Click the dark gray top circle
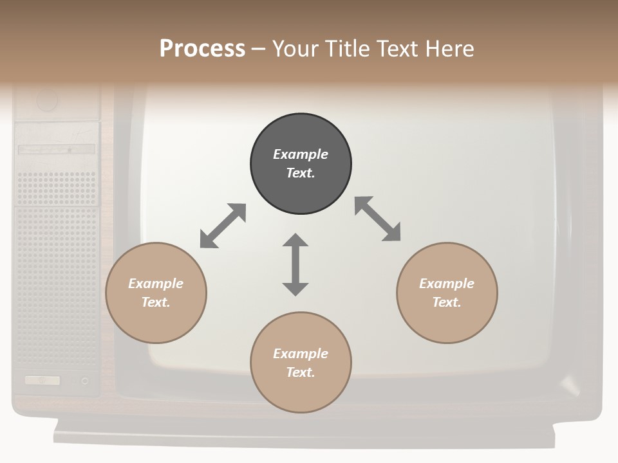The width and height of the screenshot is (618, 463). pos(301,164)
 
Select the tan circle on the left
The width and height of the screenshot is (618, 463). pos(156,293)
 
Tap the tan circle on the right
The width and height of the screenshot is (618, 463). pos(447,293)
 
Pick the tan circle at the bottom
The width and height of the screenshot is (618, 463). pos(301,363)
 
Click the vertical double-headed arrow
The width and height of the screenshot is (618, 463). pos(295,264)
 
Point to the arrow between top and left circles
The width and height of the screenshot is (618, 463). pos(223,226)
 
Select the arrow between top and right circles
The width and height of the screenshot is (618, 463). pos(377,219)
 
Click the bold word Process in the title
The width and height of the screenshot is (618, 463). pos(202,48)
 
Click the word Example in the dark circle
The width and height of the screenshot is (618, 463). pos(301,154)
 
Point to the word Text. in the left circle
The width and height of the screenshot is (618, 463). pos(156,302)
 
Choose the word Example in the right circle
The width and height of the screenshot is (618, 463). pos(447,284)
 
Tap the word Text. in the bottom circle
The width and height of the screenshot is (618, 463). pos(301,372)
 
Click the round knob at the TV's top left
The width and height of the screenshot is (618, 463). pos(47,100)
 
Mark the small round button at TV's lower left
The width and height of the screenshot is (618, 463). pos(85,381)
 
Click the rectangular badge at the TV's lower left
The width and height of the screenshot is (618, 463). pos(42,381)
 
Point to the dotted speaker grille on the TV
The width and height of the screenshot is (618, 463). pos(57,270)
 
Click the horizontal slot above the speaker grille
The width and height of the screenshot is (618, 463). pos(57,149)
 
